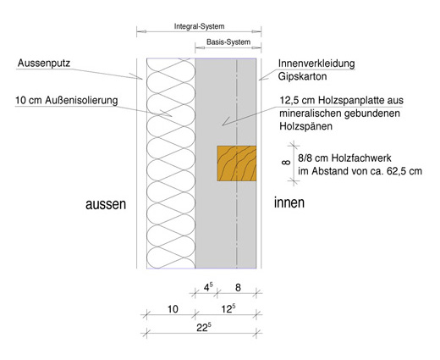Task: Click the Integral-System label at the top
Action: pos(199,26)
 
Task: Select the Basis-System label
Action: pos(228,42)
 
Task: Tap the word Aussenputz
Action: pos(44,63)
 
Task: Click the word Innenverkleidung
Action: pos(316,64)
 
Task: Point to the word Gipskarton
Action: pos(302,76)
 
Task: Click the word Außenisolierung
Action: pos(81,100)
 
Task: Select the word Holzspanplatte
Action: pos(360,100)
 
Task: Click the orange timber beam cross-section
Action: pos(237,163)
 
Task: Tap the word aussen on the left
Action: pos(106,204)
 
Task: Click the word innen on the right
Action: pos(289,202)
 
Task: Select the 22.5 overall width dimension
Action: pos(204,328)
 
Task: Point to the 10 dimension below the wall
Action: pos(173,309)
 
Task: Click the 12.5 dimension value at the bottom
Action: pos(228,308)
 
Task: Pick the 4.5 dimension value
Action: pos(208,287)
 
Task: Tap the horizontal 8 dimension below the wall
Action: pos(238,288)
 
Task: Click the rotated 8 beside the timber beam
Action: pos(286,163)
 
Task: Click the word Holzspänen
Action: pos(305,126)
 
